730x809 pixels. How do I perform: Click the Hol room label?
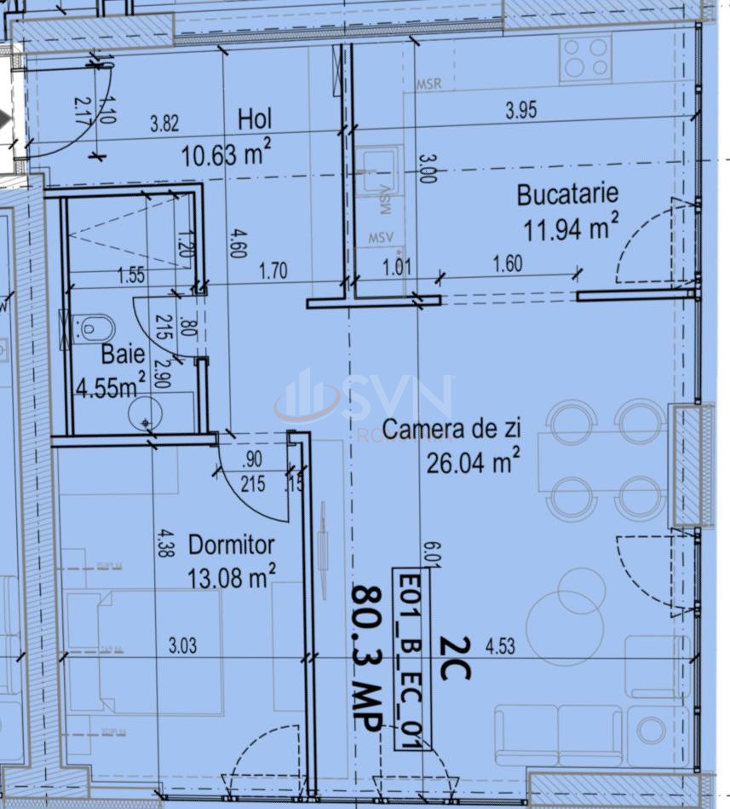[255, 119]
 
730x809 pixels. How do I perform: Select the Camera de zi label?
[451, 430]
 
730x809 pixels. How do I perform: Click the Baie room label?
[123, 354]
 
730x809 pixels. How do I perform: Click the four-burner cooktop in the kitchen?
[586, 60]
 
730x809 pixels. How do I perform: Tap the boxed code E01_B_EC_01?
[411, 659]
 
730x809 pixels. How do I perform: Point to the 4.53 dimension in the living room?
[501, 647]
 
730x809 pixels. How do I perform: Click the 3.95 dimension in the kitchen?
[521, 110]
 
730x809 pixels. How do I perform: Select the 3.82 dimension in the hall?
[164, 123]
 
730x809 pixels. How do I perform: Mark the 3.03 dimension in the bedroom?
[182, 645]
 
